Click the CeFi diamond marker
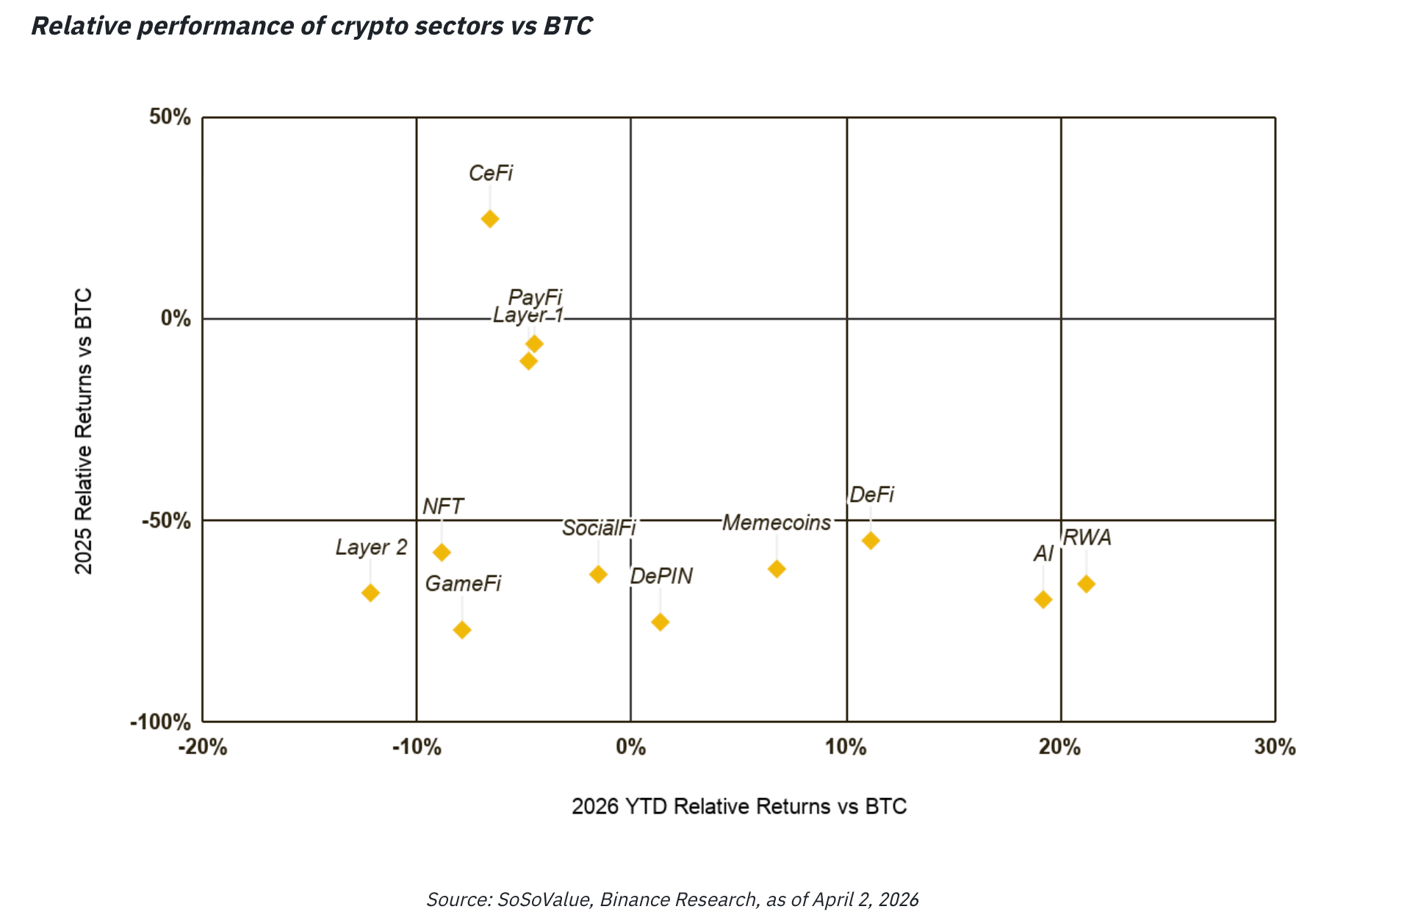click(490, 219)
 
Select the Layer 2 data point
click(370, 592)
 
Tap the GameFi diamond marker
click(462, 630)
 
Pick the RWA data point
click(1086, 584)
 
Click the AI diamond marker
click(1043, 600)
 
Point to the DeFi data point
click(871, 541)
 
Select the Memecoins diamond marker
click(777, 569)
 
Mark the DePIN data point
click(661, 622)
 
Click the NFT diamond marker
click(442, 552)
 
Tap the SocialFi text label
click(599, 528)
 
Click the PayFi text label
click(535, 298)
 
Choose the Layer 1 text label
click(528, 315)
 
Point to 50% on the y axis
click(170, 117)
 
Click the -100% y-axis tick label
click(160, 722)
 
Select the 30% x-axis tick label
click(1275, 747)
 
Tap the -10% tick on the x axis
click(417, 747)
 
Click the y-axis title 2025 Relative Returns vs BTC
click(84, 431)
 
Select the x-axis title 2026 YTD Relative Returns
click(739, 806)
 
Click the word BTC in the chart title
click(568, 26)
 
